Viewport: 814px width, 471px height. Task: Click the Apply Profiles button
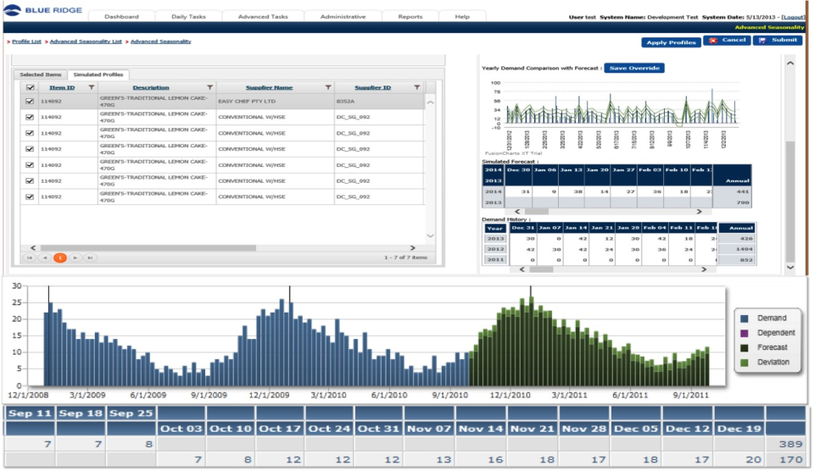671,42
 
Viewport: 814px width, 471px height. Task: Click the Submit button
778,41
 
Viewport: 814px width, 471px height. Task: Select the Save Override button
634,68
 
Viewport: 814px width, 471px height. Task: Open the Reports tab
410,17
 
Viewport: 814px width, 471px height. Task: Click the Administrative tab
343,17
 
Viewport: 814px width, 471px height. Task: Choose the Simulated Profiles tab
98,75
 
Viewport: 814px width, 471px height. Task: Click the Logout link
793,17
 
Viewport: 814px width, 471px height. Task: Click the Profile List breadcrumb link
27,42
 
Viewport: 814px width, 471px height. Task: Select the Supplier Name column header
269,87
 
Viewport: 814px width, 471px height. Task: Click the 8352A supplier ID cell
345,101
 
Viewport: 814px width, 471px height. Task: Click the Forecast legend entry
772,347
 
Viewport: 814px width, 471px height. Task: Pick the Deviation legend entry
772,363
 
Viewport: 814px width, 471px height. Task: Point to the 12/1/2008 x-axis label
28,395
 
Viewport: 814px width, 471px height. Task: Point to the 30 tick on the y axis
14,286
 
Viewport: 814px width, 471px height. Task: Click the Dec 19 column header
739,429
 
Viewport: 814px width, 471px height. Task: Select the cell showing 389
789,444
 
